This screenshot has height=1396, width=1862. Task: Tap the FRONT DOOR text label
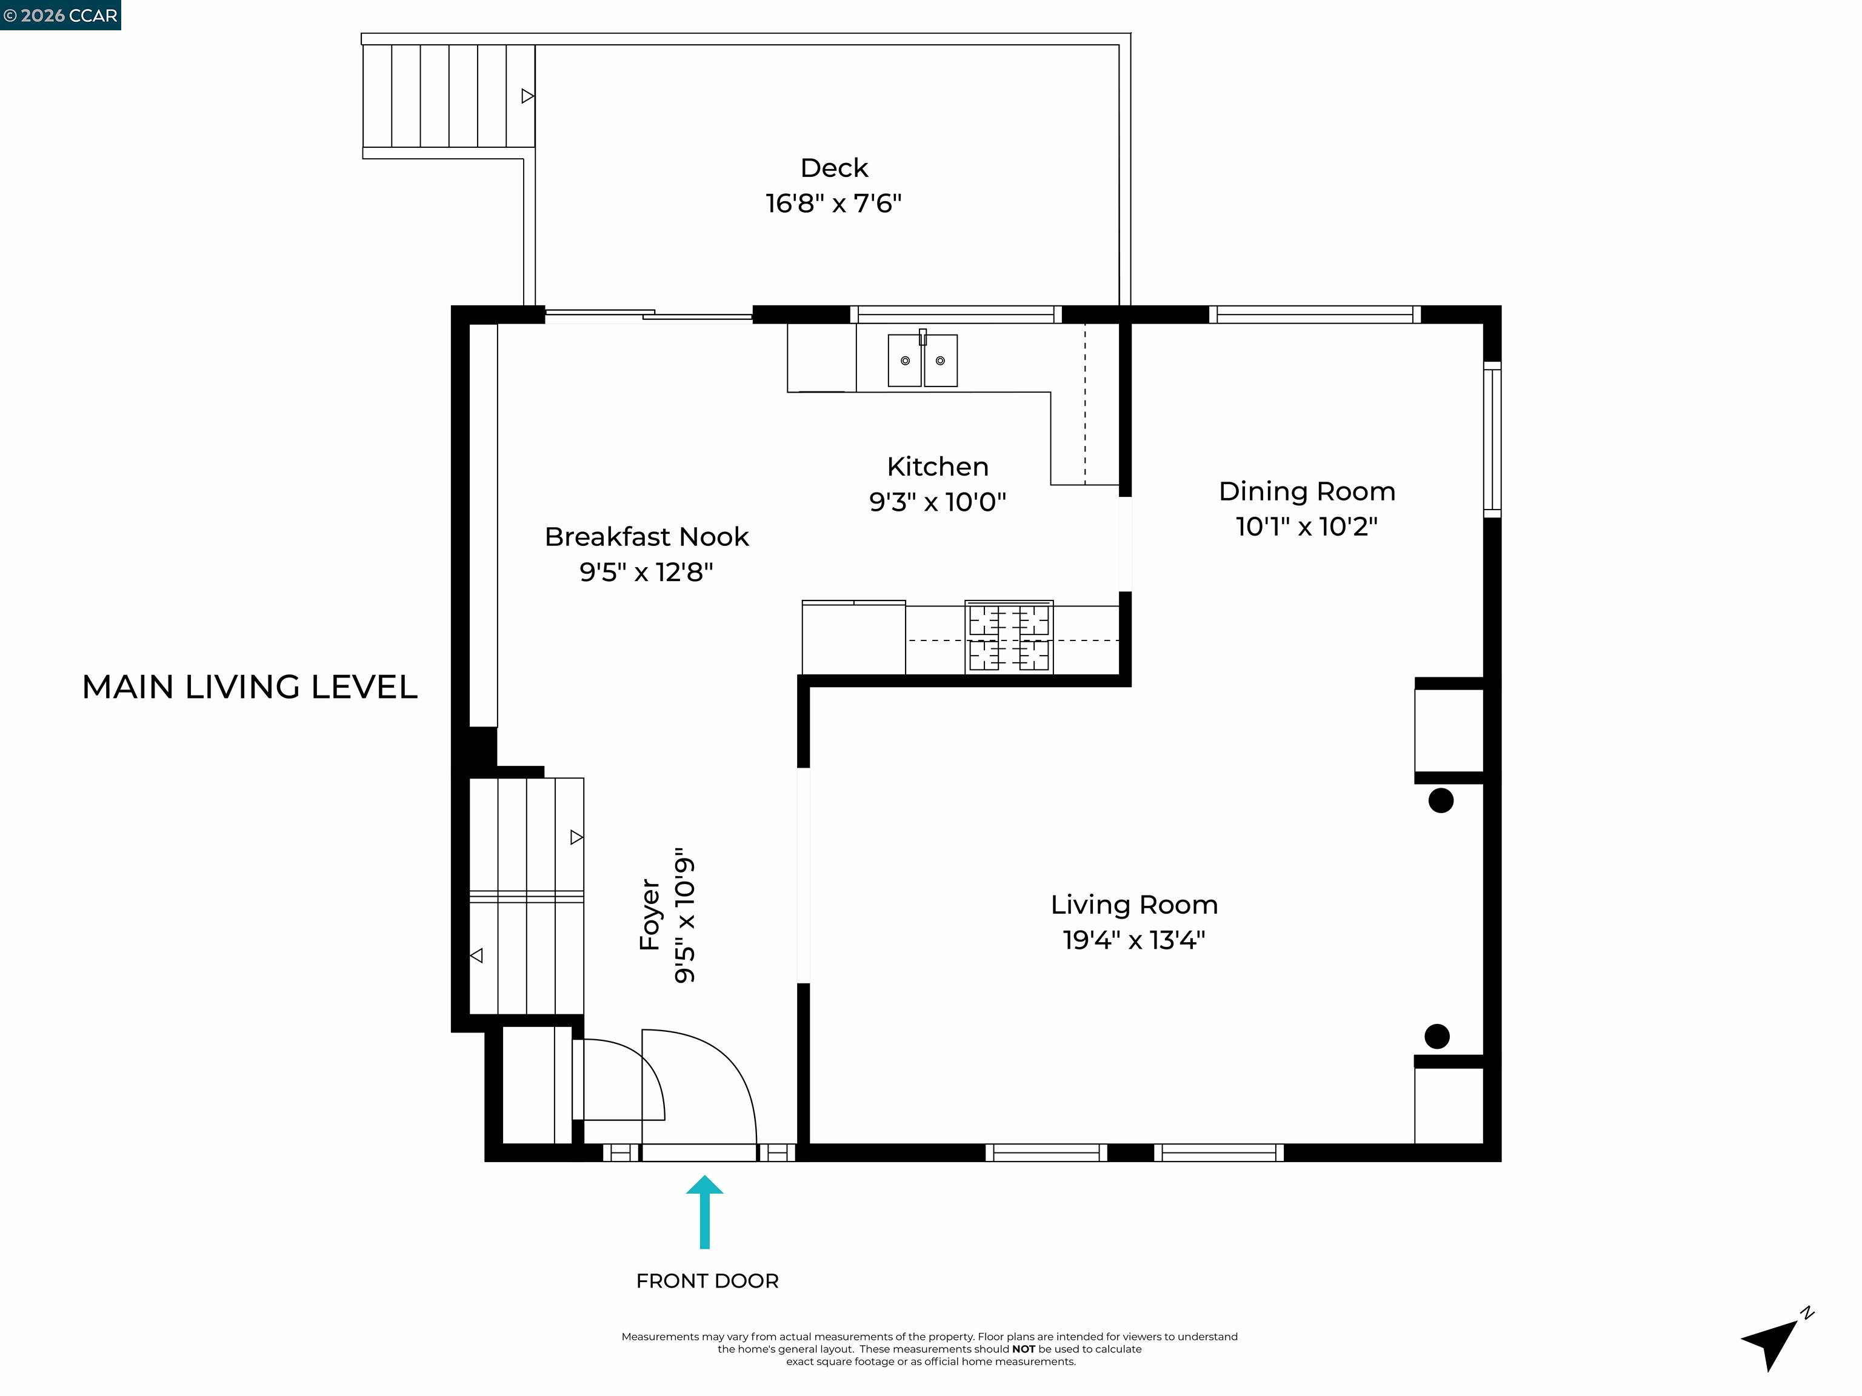(x=707, y=1281)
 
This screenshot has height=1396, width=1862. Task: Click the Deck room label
(x=833, y=167)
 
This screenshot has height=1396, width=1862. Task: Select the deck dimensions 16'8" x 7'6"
(x=833, y=204)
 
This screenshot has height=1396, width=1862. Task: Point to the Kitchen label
(x=937, y=466)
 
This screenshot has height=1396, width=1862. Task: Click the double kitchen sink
(x=923, y=360)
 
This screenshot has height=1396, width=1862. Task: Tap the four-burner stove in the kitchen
(x=1009, y=637)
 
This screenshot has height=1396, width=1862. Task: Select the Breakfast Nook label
(x=647, y=536)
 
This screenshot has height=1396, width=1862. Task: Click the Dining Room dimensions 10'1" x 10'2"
(x=1306, y=527)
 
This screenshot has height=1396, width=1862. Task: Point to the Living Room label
(x=1134, y=905)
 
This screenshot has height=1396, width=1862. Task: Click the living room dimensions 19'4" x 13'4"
(x=1134, y=940)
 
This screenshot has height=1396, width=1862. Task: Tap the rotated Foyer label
(x=650, y=915)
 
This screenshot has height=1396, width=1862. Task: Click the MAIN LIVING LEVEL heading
(x=249, y=686)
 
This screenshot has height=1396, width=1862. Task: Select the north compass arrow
(x=1772, y=1340)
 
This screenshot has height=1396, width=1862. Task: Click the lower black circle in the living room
(x=1437, y=1036)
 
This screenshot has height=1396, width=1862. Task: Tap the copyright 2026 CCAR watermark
(x=61, y=15)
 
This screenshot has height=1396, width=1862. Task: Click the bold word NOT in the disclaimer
(x=1024, y=1349)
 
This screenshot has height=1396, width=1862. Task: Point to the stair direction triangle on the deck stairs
(x=527, y=96)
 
